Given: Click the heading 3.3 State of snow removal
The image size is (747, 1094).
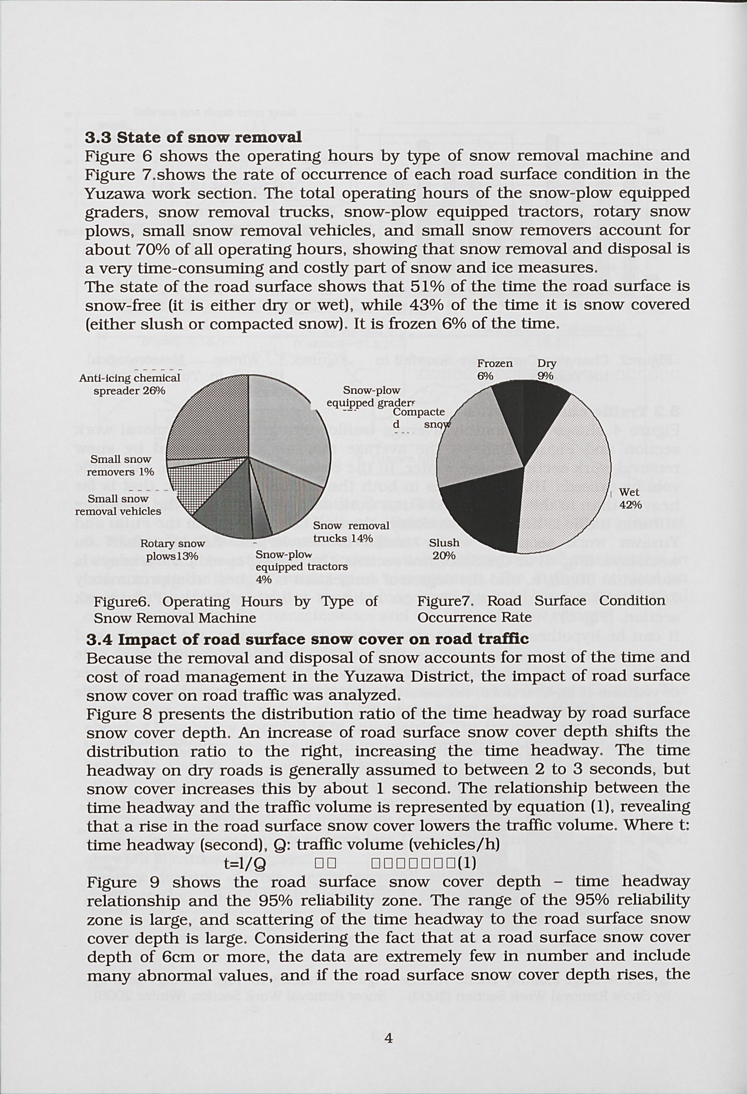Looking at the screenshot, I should coord(193,137).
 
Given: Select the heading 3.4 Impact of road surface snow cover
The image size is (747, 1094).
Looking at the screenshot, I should coord(307,639).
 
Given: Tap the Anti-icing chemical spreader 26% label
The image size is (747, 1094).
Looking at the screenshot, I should coord(130,384).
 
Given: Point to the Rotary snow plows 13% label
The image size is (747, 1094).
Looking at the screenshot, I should coord(173,549).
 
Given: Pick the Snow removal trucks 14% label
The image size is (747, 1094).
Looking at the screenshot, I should coord(351,531).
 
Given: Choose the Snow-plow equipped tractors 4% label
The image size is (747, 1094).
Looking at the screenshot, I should coord(301,566).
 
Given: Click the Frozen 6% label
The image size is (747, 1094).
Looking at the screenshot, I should coord(495,370).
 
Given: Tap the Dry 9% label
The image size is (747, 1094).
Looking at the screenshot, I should coord(547,370).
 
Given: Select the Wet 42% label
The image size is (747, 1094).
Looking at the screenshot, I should coord(630,498).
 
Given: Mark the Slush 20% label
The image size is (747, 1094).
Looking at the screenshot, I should coord(444,549).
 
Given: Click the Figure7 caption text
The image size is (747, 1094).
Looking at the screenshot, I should coord(541,609).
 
